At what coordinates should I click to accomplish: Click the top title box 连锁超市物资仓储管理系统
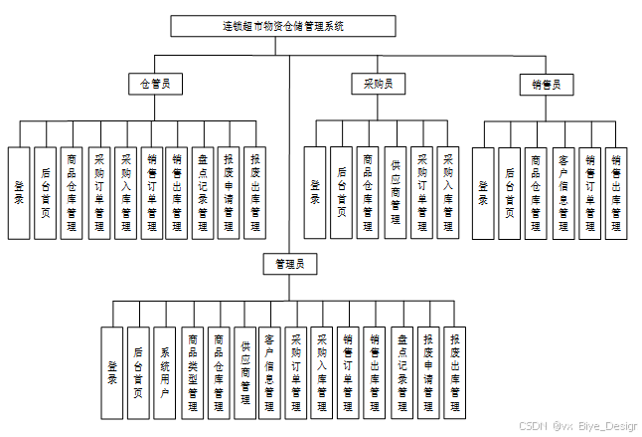tap(289, 26)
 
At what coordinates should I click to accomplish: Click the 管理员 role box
tap(289, 264)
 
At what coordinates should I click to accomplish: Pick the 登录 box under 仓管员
tap(19, 193)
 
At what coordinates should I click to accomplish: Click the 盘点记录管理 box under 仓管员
tap(204, 193)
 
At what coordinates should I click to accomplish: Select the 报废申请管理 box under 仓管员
tap(230, 193)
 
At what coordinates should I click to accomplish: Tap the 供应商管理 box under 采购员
tap(396, 193)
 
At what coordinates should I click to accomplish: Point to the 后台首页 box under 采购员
tap(342, 193)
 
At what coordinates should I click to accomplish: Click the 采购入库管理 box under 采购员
tap(448, 193)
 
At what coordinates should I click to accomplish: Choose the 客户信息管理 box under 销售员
tap(563, 193)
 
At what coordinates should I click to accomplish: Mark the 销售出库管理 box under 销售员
tap(616, 193)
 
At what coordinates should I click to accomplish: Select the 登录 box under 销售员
tap(484, 193)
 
